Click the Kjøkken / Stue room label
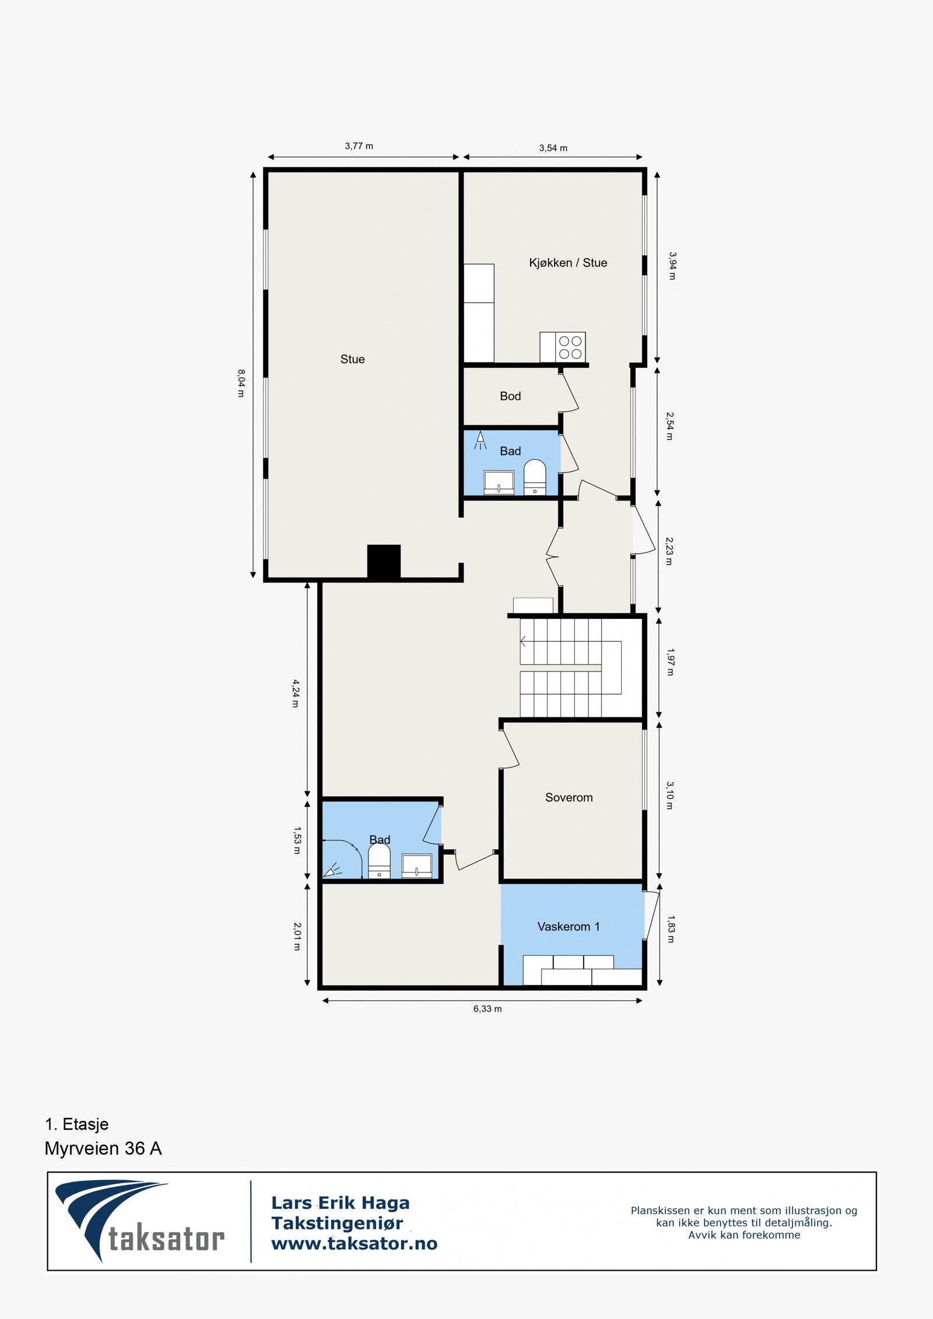pos(567,263)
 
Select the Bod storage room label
pos(510,396)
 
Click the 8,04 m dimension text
pos(241,383)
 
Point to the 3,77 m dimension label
pos(359,146)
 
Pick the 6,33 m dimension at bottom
pos(487,1009)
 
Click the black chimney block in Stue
pos(384,561)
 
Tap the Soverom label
pos(569,797)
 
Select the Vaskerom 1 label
pos(568,926)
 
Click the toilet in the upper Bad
pos(535,477)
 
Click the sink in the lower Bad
pos(417,866)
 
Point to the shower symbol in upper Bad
pos(480,440)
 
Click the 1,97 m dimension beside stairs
pos(670,662)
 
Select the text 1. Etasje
pos(76,1124)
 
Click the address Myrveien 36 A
pos(103,1148)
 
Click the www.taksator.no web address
pos(354,1243)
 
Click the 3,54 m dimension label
pos(553,148)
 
